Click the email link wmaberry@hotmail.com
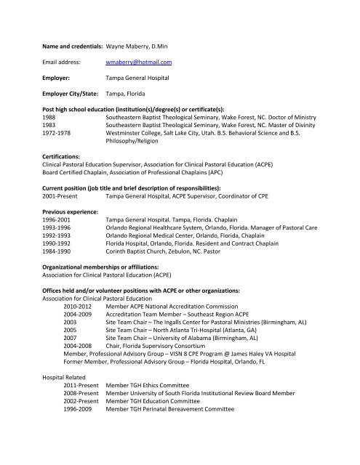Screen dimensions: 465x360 pos(138,63)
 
